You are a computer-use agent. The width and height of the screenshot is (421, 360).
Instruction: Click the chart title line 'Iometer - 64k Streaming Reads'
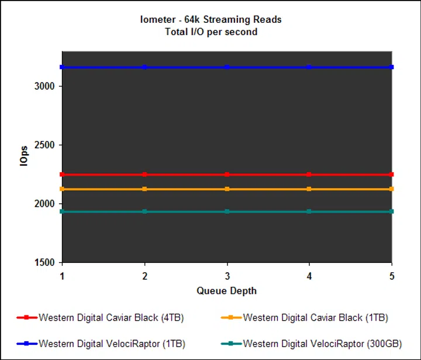tap(212, 20)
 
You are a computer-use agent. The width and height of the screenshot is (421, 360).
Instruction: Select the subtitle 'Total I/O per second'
tap(212, 32)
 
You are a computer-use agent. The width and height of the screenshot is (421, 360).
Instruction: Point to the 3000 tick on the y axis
tap(44, 86)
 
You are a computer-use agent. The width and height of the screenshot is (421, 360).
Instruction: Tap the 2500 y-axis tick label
tap(44, 145)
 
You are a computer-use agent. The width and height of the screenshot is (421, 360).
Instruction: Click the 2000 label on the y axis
tap(44, 204)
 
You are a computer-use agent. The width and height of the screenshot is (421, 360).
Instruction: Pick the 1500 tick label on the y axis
tap(44, 263)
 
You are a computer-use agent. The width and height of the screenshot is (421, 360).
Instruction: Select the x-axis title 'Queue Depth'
tap(226, 290)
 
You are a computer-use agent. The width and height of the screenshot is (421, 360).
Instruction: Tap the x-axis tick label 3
tap(227, 275)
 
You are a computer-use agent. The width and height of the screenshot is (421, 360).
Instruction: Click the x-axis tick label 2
tap(144, 275)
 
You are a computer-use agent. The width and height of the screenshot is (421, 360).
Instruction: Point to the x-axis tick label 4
tap(309, 275)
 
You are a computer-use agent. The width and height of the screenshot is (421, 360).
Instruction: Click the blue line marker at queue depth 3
tap(227, 67)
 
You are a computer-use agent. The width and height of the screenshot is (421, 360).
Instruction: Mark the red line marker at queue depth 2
tap(144, 174)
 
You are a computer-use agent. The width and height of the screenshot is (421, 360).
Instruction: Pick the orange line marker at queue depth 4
tap(309, 188)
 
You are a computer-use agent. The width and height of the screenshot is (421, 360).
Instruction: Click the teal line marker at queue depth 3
tap(227, 211)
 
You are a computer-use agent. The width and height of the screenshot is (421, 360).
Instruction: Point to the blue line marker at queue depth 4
tap(309, 67)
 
